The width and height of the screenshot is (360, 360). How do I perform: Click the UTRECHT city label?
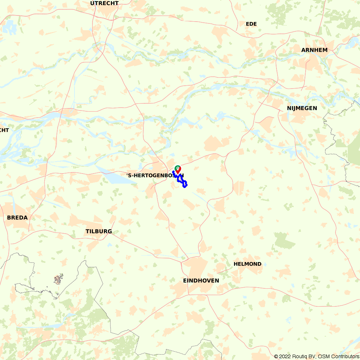pyautogui.click(x=104, y=3)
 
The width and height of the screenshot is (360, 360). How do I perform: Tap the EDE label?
pyautogui.click(x=251, y=24)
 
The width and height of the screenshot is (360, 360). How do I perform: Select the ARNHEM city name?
pyautogui.click(x=314, y=50)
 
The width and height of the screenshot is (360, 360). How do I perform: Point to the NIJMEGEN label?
pyautogui.click(x=302, y=108)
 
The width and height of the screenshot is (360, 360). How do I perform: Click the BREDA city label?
pyautogui.click(x=17, y=218)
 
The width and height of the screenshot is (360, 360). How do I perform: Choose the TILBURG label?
pyautogui.click(x=99, y=231)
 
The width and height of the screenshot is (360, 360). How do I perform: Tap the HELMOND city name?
pyautogui.click(x=247, y=264)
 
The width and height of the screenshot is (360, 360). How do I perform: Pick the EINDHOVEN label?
pyautogui.click(x=201, y=280)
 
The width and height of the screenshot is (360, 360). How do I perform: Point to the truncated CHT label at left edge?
pyautogui.click(x=4, y=130)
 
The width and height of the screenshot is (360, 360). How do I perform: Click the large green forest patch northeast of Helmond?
pyautogui.click(x=284, y=240)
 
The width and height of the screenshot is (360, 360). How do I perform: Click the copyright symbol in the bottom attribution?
pyautogui.click(x=276, y=356)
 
